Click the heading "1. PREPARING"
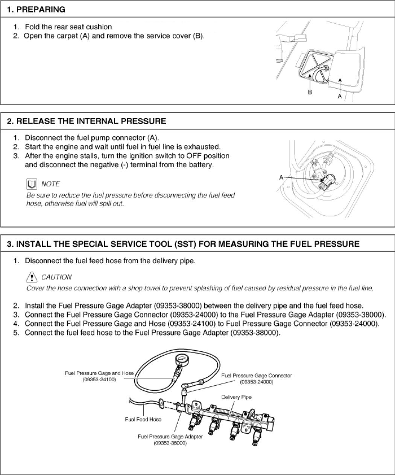tap(36, 9)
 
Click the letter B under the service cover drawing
tap(310, 92)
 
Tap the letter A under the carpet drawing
tap(340, 96)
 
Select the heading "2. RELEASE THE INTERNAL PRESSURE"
tap(87, 121)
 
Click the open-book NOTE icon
tap(32, 184)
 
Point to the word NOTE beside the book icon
tap(50, 184)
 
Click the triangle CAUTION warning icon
tap(32, 277)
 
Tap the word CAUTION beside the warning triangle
tap(56, 277)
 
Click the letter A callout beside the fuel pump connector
tap(281, 177)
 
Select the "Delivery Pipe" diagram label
tap(236, 397)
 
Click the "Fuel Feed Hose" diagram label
tap(143, 419)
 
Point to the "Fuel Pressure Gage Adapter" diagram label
tap(170, 437)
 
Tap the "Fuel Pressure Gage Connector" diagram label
tap(257, 376)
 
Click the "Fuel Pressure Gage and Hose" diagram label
tap(99, 373)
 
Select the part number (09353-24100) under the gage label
tap(99, 379)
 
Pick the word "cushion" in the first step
tap(99, 27)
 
